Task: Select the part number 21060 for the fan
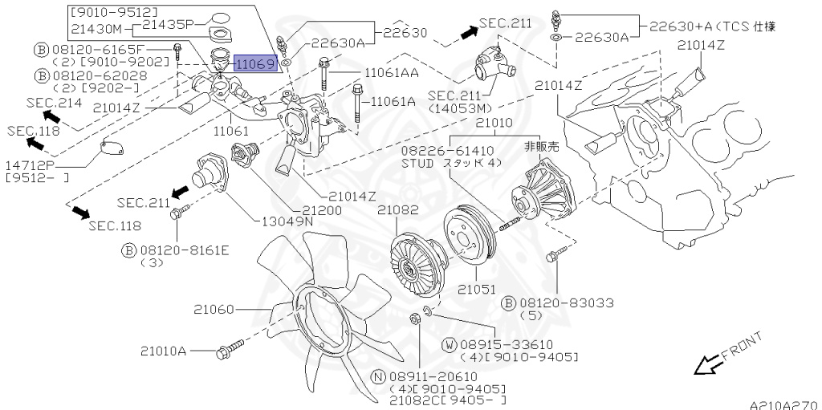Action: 211,308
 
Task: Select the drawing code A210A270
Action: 783,405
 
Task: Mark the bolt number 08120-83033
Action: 566,303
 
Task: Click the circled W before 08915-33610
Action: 450,345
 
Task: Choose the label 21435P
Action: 169,25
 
